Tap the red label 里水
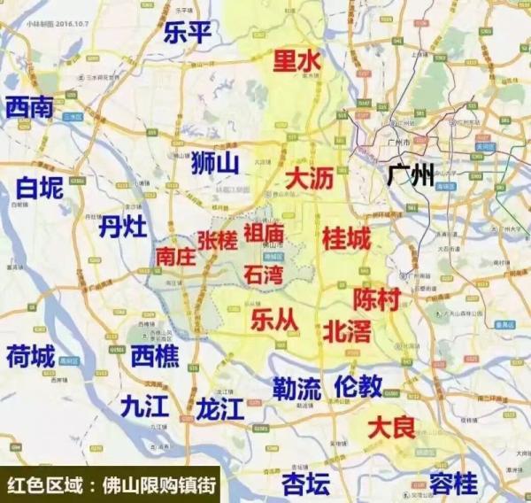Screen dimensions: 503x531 296,62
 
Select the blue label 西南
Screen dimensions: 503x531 29,108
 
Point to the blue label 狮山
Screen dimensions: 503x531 216,163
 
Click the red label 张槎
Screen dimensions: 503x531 218,239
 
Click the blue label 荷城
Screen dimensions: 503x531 30,358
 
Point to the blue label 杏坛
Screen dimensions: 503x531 305,483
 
